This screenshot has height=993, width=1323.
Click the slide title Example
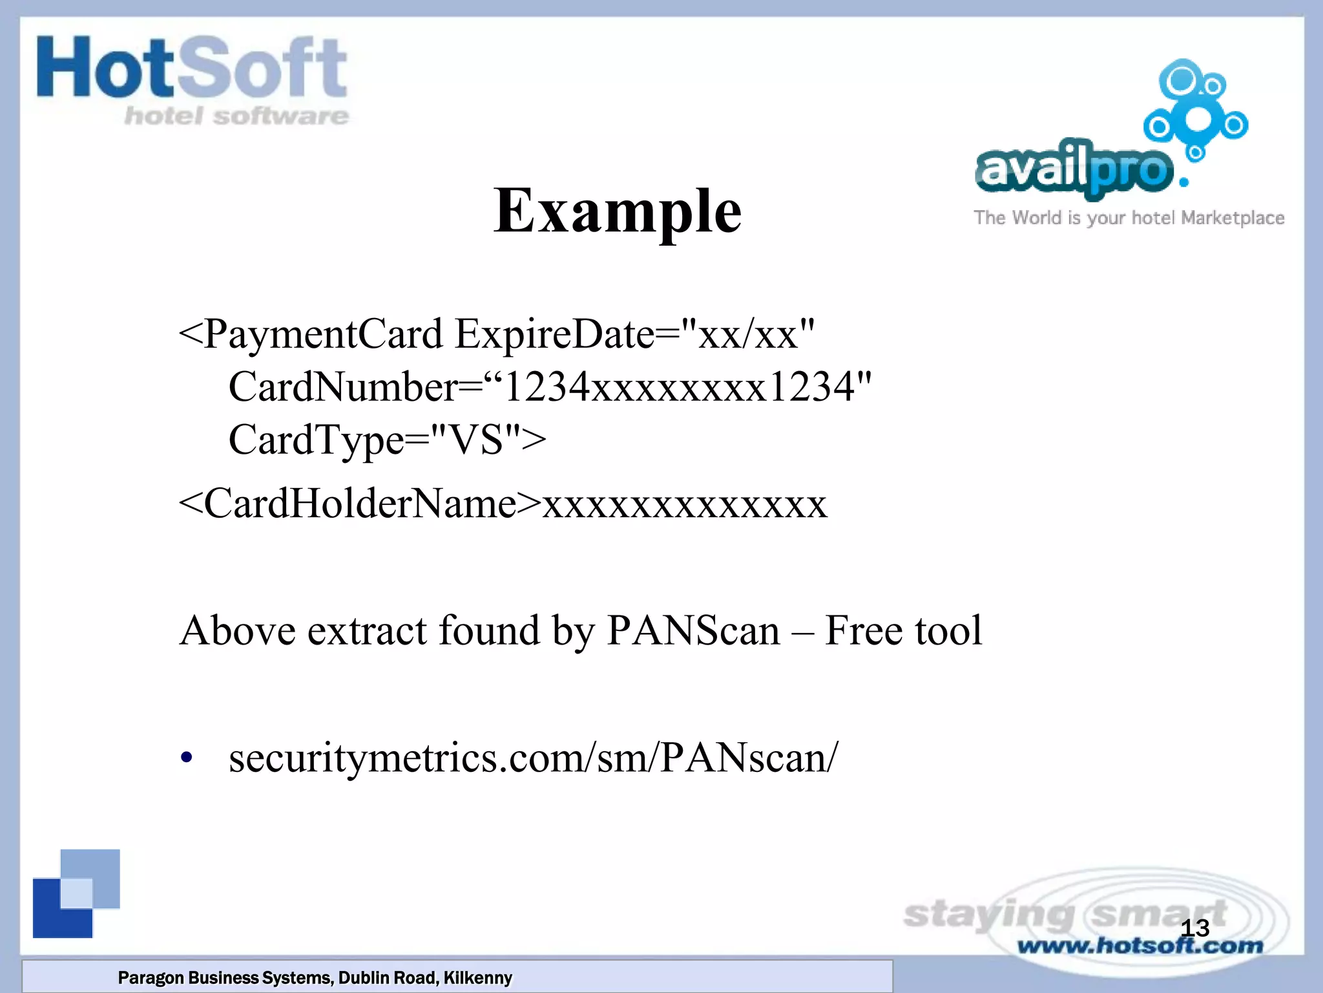click(x=618, y=211)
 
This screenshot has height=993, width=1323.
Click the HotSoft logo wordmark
click(x=192, y=69)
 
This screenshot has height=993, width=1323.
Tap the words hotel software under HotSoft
click(x=236, y=116)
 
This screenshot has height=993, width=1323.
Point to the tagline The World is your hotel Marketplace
click(x=1129, y=218)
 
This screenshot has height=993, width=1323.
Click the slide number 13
click(x=1194, y=928)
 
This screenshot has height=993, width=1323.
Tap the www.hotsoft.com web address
click(x=1140, y=946)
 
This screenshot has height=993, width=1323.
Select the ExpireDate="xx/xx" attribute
click(x=634, y=334)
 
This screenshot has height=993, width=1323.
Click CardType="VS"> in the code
click(x=387, y=440)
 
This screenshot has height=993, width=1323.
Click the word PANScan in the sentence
click(x=693, y=630)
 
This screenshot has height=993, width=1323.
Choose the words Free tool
click(x=903, y=630)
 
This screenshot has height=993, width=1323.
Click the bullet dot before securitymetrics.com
click(x=187, y=758)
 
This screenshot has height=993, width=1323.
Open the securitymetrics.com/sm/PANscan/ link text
click(x=534, y=758)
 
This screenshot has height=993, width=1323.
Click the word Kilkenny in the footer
click(x=477, y=977)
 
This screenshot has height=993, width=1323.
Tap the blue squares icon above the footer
click(x=76, y=893)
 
